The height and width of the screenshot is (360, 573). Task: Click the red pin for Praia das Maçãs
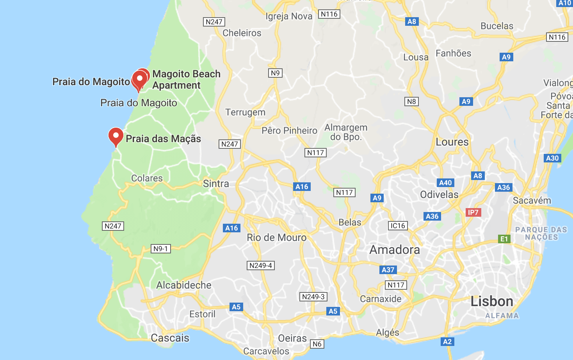click(116, 136)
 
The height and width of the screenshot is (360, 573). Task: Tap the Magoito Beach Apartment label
click(186, 79)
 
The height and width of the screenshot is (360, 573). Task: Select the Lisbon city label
click(491, 301)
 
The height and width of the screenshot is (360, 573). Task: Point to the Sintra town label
click(216, 184)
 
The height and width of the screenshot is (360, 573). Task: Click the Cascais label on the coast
click(170, 338)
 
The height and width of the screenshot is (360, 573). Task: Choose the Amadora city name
click(395, 250)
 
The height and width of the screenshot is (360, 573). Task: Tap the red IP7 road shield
click(473, 212)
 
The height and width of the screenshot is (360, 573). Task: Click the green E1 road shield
click(504, 239)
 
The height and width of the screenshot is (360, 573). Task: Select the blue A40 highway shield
click(445, 183)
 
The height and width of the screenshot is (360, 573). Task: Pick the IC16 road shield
click(398, 226)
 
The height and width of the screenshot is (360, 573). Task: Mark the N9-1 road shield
click(160, 249)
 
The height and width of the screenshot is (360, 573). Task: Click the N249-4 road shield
click(261, 266)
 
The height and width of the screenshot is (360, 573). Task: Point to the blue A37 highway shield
click(388, 270)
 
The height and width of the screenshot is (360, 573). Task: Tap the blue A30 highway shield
click(552, 158)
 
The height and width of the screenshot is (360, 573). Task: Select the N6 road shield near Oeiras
click(317, 344)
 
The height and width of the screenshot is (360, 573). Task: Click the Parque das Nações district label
click(541, 233)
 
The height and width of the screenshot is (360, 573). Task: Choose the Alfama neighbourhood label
click(502, 315)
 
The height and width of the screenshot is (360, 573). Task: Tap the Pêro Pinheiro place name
click(289, 130)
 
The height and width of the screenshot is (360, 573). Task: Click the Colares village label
click(147, 178)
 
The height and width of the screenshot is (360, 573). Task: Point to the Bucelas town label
click(497, 26)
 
